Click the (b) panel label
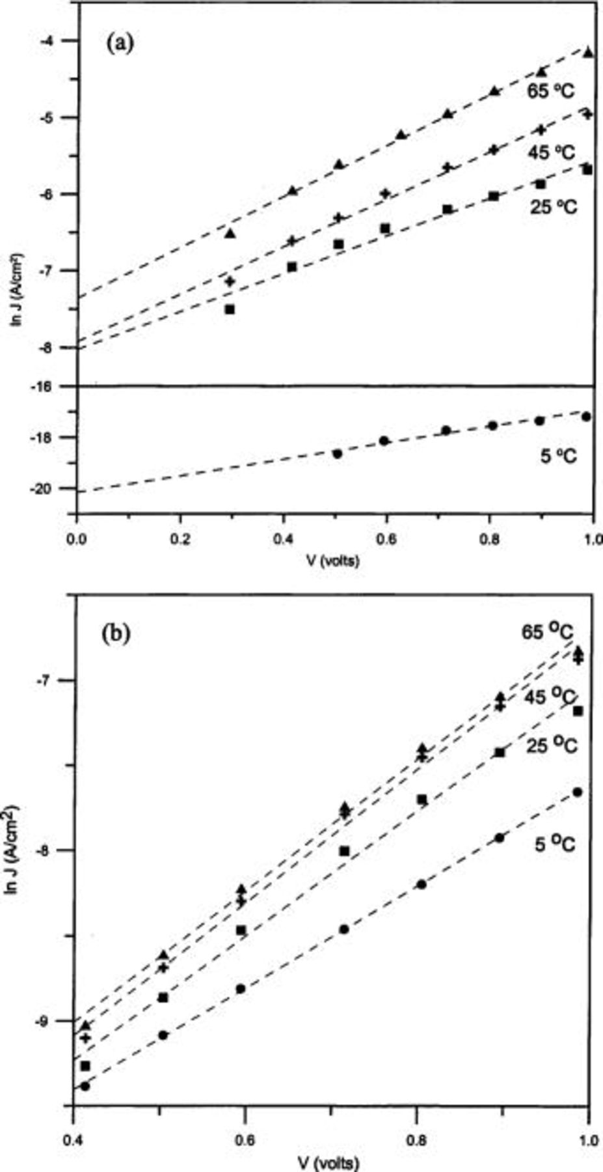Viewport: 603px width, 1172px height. pyautogui.click(x=118, y=632)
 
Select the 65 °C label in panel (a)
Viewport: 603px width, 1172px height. pyautogui.click(x=551, y=91)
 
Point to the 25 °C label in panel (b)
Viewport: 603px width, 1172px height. pyautogui.click(x=551, y=745)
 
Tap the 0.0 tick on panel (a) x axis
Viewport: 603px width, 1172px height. pyautogui.click(x=76, y=539)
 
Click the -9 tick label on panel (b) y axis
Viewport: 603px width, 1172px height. pyautogui.click(x=54, y=1021)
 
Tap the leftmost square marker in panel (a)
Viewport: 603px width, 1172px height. pyautogui.click(x=230, y=309)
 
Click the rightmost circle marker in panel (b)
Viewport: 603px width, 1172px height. pyautogui.click(x=577, y=792)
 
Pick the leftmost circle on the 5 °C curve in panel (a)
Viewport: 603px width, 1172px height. pyautogui.click(x=337, y=454)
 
